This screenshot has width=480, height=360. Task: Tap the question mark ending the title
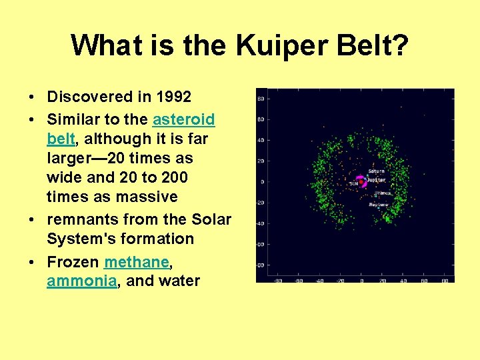pos(399,45)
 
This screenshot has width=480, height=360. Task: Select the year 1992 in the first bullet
pos(173,97)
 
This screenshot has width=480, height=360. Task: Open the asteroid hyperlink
pos(183,119)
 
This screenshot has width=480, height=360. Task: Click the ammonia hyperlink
pos(81,281)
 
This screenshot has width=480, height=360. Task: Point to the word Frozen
pos(73,261)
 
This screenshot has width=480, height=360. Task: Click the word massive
pos(145,197)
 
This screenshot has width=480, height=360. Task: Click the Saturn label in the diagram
pos(377,171)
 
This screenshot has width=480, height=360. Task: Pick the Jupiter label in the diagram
pos(377,179)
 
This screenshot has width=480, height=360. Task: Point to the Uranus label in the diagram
pos(382,193)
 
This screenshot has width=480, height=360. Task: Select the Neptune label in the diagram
pos(379,204)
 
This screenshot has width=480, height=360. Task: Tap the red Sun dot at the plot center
pos(361,181)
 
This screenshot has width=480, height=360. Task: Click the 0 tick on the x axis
pos(361,281)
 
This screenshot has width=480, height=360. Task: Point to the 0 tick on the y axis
pos(262,181)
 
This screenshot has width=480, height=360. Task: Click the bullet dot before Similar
pos(32,120)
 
